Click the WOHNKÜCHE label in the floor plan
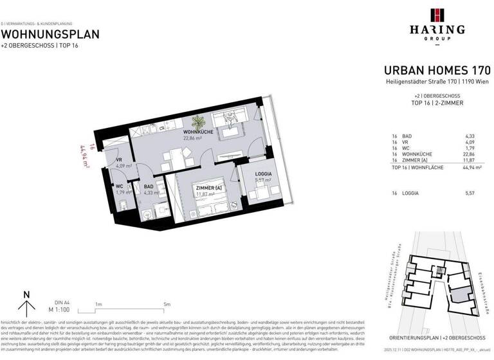pyautogui.click(x=199, y=131)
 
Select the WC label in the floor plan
pyautogui.click(x=120, y=186)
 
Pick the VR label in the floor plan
pyautogui.click(x=119, y=160)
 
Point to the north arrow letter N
pyautogui.click(x=26, y=295)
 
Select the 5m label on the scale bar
pyautogui.click(x=167, y=304)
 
